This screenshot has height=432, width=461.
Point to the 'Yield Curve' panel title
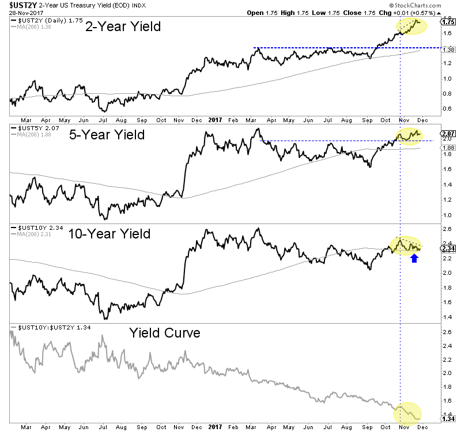(x=164, y=332)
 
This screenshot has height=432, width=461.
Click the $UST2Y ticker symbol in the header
(x=19, y=5)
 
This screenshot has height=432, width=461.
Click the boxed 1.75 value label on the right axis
(x=448, y=22)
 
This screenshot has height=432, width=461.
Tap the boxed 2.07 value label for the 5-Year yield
(x=448, y=134)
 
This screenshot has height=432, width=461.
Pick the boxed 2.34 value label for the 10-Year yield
(x=448, y=248)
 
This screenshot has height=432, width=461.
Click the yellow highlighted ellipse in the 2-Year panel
(x=411, y=26)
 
